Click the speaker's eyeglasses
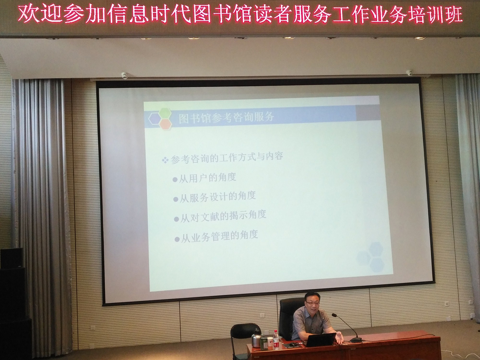312,303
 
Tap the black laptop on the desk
320,340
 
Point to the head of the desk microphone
334,315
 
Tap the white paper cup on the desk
270,342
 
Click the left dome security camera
124,75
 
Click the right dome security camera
409,73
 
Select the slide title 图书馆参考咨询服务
226,118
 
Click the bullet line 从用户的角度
204,178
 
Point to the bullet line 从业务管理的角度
216,237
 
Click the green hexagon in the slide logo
165,113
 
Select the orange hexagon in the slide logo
165,124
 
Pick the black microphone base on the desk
355,340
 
